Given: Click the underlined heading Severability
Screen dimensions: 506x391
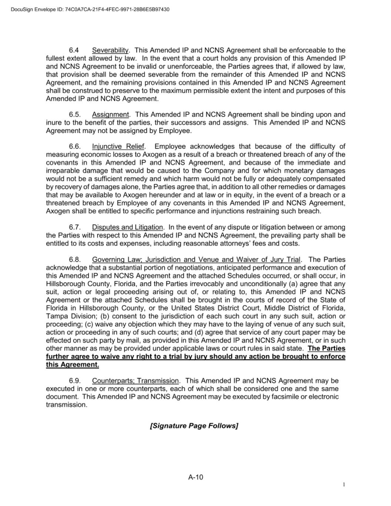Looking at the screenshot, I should (x=110, y=50).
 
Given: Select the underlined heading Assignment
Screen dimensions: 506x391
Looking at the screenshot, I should (x=110, y=115).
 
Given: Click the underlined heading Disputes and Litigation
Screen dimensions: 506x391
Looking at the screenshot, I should (x=127, y=227).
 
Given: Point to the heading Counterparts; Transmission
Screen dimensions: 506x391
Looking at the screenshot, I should (x=135, y=381).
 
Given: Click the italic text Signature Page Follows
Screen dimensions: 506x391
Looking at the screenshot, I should (x=194, y=426).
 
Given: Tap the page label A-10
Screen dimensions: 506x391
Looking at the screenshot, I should (x=196, y=477).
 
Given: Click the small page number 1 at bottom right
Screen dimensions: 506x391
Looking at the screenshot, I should (x=344, y=484).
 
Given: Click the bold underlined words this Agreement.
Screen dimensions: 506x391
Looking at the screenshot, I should (x=73, y=365).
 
